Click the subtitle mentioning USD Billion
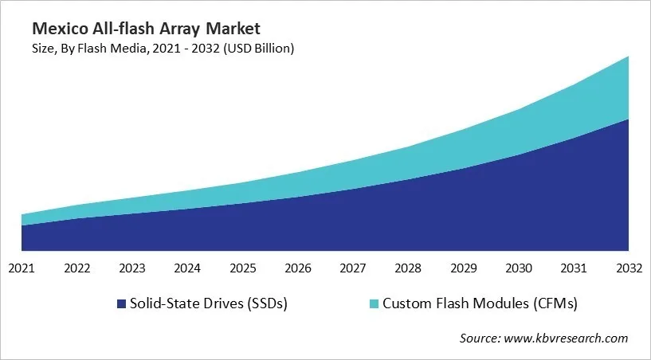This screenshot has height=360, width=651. point(163,49)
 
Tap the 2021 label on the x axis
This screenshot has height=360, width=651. point(22,268)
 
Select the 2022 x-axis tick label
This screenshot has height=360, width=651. point(76,268)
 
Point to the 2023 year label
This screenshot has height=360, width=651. point(131,268)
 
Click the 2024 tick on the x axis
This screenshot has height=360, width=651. point(187,268)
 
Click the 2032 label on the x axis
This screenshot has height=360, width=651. point(629,268)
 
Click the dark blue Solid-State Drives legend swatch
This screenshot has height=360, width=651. point(121,303)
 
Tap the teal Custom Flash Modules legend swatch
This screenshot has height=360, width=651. point(375,303)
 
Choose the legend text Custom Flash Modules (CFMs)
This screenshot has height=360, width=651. point(480,303)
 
